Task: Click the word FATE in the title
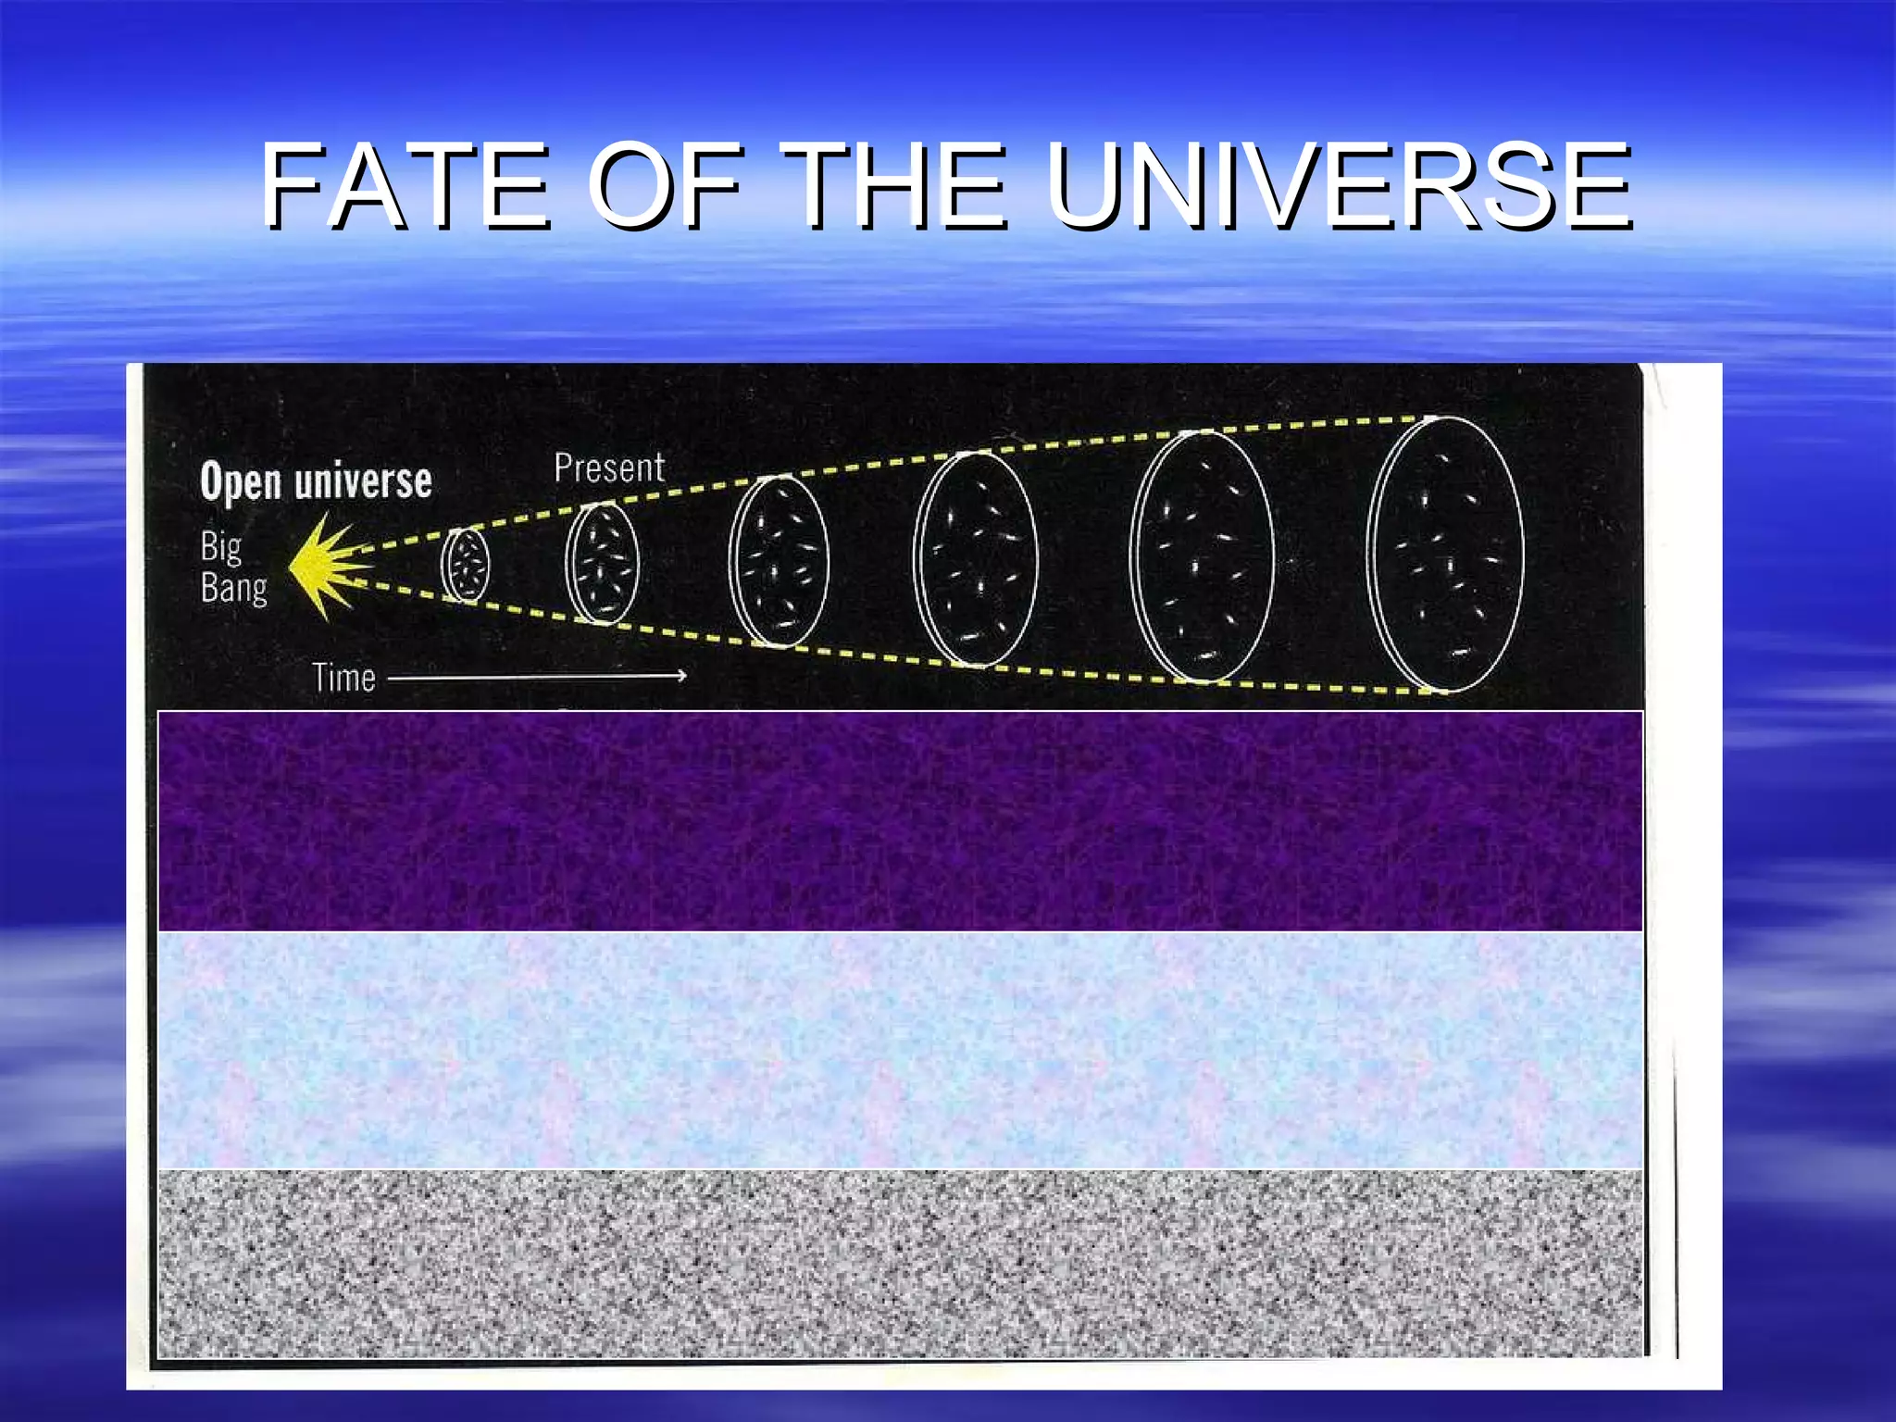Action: click(405, 187)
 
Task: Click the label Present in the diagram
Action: click(609, 468)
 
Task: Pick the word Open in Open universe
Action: click(240, 482)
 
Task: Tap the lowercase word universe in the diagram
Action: click(363, 482)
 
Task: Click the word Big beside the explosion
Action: click(221, 547)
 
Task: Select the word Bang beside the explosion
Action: click(233, 588)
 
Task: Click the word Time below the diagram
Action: click(343, 679)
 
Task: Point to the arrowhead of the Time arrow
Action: click(680, 676)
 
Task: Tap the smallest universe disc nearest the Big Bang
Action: click(465, 566)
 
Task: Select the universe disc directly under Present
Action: click(602, 564)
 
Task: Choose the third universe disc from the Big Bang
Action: click(779, 561)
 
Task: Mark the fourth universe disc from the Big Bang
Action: click(976, 559)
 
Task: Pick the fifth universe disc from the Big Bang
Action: click(1203, 556)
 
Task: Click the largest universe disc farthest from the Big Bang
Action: click(1445, 555)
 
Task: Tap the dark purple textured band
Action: click(900, 821)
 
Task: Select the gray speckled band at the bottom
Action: click(900, 1264)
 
